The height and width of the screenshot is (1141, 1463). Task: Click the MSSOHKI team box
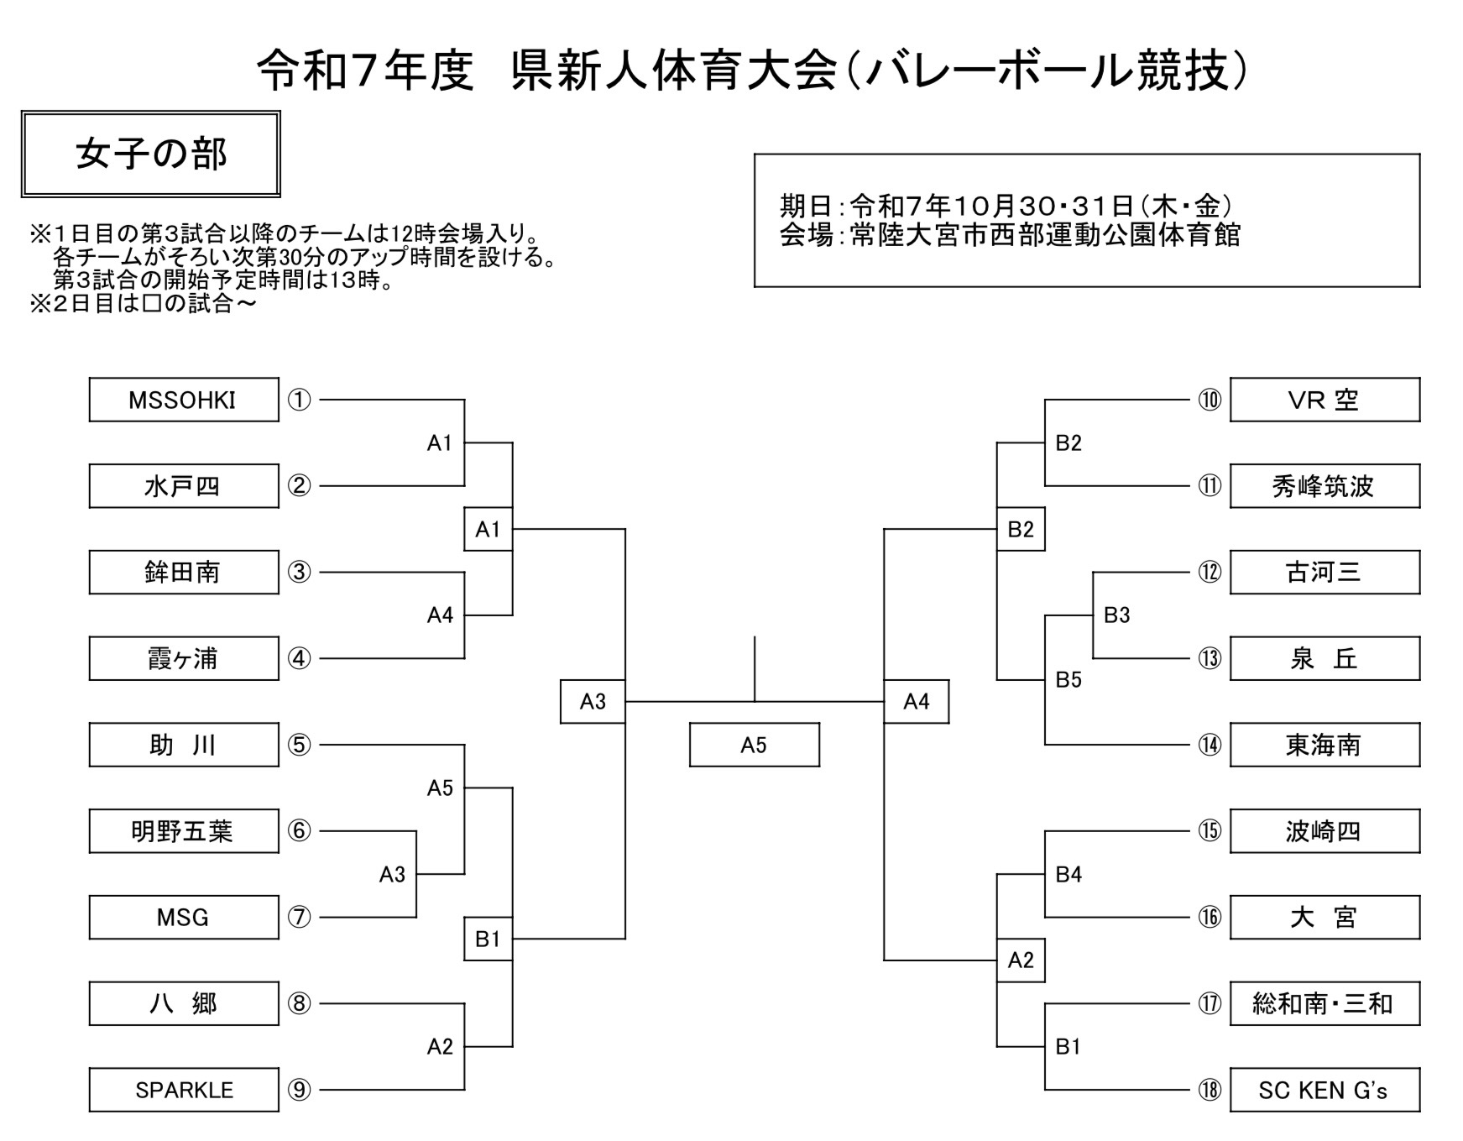tap(183, 400)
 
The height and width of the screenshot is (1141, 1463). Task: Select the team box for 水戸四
tap(183, 486)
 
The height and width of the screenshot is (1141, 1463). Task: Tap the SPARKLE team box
tap(183, 1090)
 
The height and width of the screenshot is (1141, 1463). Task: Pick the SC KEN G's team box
tap(1324, 1090)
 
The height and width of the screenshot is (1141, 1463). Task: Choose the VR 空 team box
tap(1324, 400)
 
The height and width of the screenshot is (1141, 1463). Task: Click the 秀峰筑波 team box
tap(1324, 486)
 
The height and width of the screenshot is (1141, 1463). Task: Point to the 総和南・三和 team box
tap(1324, 1003)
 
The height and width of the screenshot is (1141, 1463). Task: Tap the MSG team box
tap(183, 917)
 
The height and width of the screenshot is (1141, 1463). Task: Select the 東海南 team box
tap(1324, 745)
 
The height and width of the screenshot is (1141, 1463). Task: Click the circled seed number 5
tap(300, 745)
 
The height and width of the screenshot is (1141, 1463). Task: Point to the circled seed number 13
tap(1210, 658)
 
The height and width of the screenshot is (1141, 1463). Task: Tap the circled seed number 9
tap(300, 1090)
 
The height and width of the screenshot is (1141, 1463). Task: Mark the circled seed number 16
tap(1210, 917)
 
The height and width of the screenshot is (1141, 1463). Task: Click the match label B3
tap(1116, 615)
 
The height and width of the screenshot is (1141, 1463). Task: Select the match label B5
tap(1069, 680)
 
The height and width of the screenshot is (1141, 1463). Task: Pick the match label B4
tap(1069, 875)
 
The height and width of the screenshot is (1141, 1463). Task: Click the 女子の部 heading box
tap(151, 154)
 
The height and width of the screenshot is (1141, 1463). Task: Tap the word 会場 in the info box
tap(806, 235)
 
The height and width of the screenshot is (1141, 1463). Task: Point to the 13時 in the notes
tap(356, 280)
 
